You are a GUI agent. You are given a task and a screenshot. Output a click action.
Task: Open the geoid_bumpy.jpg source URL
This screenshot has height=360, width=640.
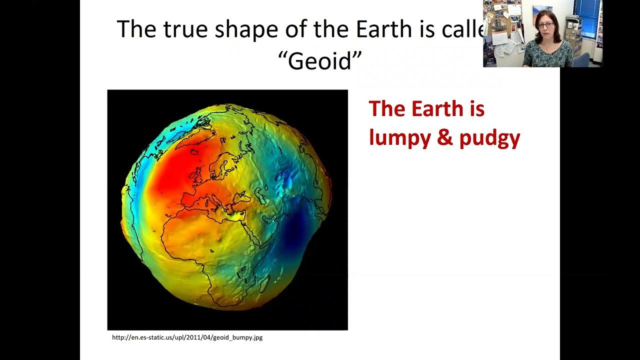click(x=187, y=337)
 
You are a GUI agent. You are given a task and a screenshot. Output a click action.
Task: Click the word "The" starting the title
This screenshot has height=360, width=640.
click(x=136, y=30)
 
